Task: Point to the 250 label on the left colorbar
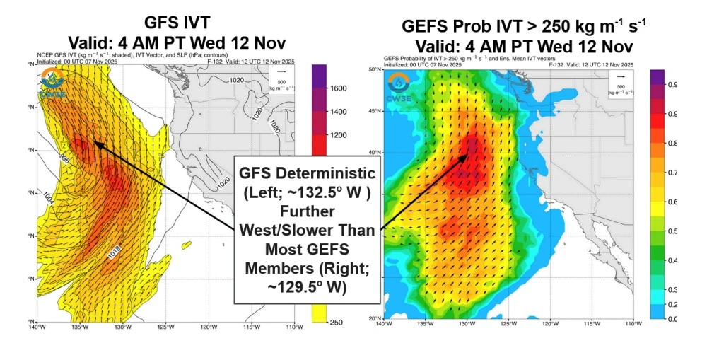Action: tap(337, 322)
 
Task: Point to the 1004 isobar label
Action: tap(47, 195)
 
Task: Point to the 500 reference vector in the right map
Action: tap(621, 76)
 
